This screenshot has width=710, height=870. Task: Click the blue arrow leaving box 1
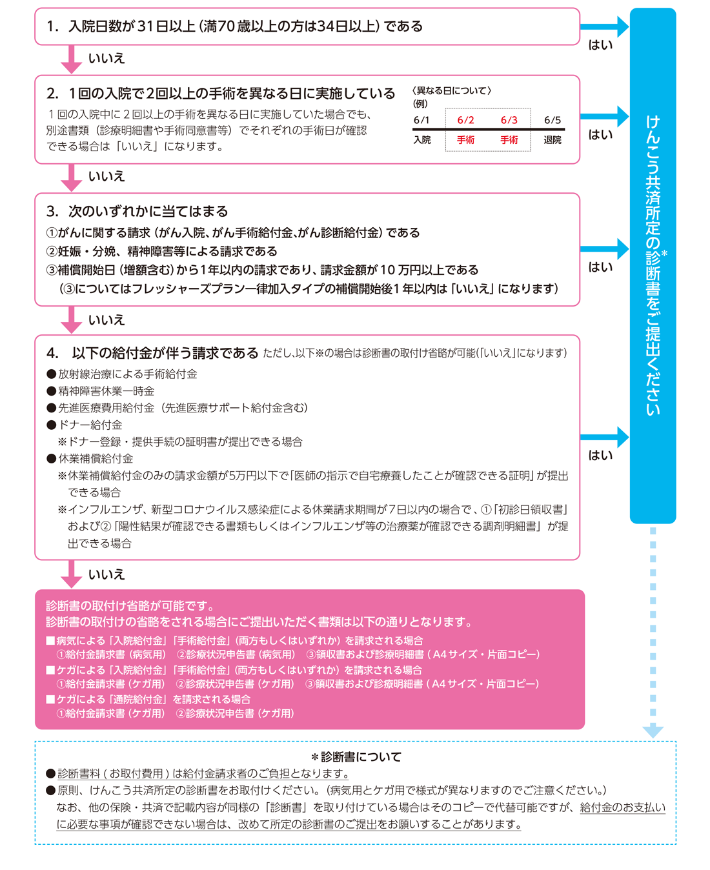pos(603,26)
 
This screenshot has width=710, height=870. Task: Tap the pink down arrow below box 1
pos(71,59)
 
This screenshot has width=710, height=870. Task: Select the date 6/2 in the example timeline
pos(465,120)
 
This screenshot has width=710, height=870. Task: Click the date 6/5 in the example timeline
pos(553,120)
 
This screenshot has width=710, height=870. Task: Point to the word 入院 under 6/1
pos(422,139)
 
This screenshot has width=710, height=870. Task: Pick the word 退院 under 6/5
pos(553,139)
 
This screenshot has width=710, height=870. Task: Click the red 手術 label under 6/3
pos(509,139)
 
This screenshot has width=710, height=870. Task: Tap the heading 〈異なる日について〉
pos(452,91)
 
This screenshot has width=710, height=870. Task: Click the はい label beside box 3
pos(600,267)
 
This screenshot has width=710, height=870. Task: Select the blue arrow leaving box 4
pos(603,437)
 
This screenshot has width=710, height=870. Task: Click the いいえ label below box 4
pos(107,574)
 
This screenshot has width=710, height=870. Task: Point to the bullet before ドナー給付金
pos(52,425)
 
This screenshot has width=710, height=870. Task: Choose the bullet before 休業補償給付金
pos(52,459)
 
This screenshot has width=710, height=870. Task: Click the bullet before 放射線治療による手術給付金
pos(52,374)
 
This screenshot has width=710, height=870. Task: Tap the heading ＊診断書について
pos(356,757)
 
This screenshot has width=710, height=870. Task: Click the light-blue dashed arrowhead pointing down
pos(653,731)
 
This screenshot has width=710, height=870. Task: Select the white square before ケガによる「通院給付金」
pos(50,700)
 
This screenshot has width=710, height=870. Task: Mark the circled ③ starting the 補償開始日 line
pos(52,270)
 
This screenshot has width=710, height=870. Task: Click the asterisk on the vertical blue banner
pos(664,254)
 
